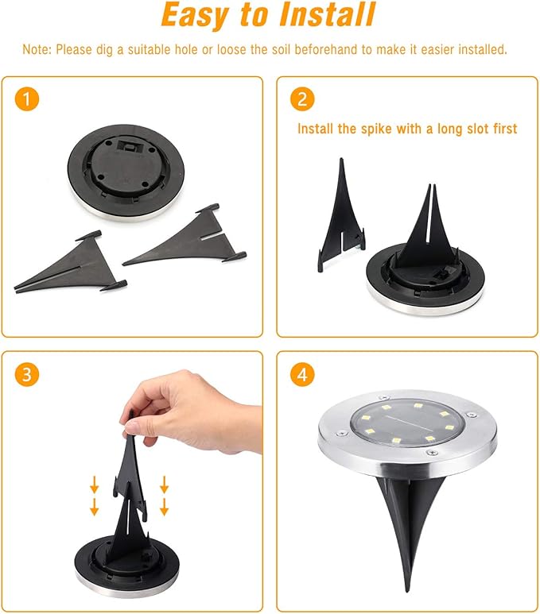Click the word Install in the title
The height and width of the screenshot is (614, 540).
point(317,16)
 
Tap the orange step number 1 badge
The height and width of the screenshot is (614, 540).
point(28,100)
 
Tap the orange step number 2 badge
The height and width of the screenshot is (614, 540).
point(303,100)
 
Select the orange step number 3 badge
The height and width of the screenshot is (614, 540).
point(28,375)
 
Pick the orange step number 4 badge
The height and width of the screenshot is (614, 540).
point(303,375)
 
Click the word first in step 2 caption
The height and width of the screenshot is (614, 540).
point(501,129)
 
